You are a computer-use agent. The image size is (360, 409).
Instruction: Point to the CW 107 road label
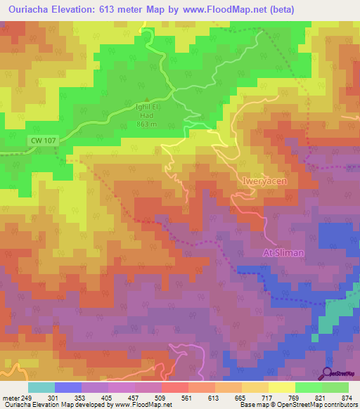(x=41, y=141)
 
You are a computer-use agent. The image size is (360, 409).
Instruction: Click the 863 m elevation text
(x=146, y=124)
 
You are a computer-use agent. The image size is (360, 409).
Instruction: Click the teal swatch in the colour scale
(x=41, y=388)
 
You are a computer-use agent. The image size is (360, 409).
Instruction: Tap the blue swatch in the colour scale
(x=68, y=388)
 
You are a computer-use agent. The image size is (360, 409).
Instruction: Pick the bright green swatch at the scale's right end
(x=335, y=388)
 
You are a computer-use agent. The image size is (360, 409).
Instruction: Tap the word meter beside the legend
(x=11, y=398)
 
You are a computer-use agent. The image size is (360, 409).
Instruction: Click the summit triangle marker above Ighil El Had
(x=146, y=99)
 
